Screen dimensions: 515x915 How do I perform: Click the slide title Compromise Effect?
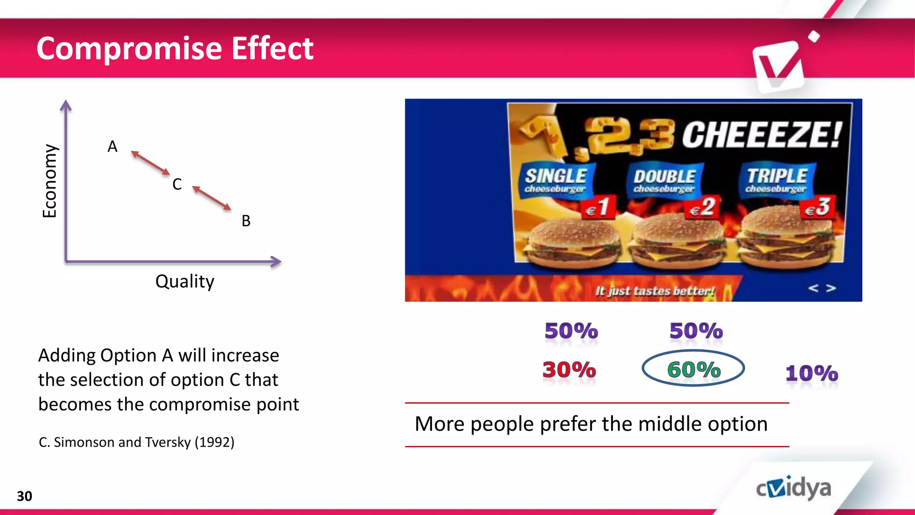click(x=175, y=48)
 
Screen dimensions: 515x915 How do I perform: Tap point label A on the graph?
click(x=112, y=147)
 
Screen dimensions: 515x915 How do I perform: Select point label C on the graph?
click(x=177, y=184)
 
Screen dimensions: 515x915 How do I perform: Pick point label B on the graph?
click(x=246, y=221)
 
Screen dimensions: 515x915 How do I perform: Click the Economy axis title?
click(x=50, y=181)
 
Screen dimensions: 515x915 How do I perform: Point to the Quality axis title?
click(x=185, y=282)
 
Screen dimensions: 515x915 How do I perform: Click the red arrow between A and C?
click(x=151, y=163)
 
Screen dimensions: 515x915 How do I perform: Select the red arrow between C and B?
click(x=212, y=198)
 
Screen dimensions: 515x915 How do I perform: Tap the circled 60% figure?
click(x=693, y=369)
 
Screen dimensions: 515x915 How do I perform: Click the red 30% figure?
click(x=569, y=370)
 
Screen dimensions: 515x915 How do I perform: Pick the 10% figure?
click(x=811, y=373)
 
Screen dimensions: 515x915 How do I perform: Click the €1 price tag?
click(x=598, y=207)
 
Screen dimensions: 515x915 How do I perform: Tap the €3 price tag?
click(x=818, y=207)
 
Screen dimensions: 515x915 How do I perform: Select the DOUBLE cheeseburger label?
click(x=664, y=181)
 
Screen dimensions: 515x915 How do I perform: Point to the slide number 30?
click(x=25, y=496)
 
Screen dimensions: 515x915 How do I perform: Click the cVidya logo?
click(x=793, y=488)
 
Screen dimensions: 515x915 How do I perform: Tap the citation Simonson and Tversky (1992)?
click(x=136, y=442)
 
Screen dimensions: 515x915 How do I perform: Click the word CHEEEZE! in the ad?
click(x=761, y=135)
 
